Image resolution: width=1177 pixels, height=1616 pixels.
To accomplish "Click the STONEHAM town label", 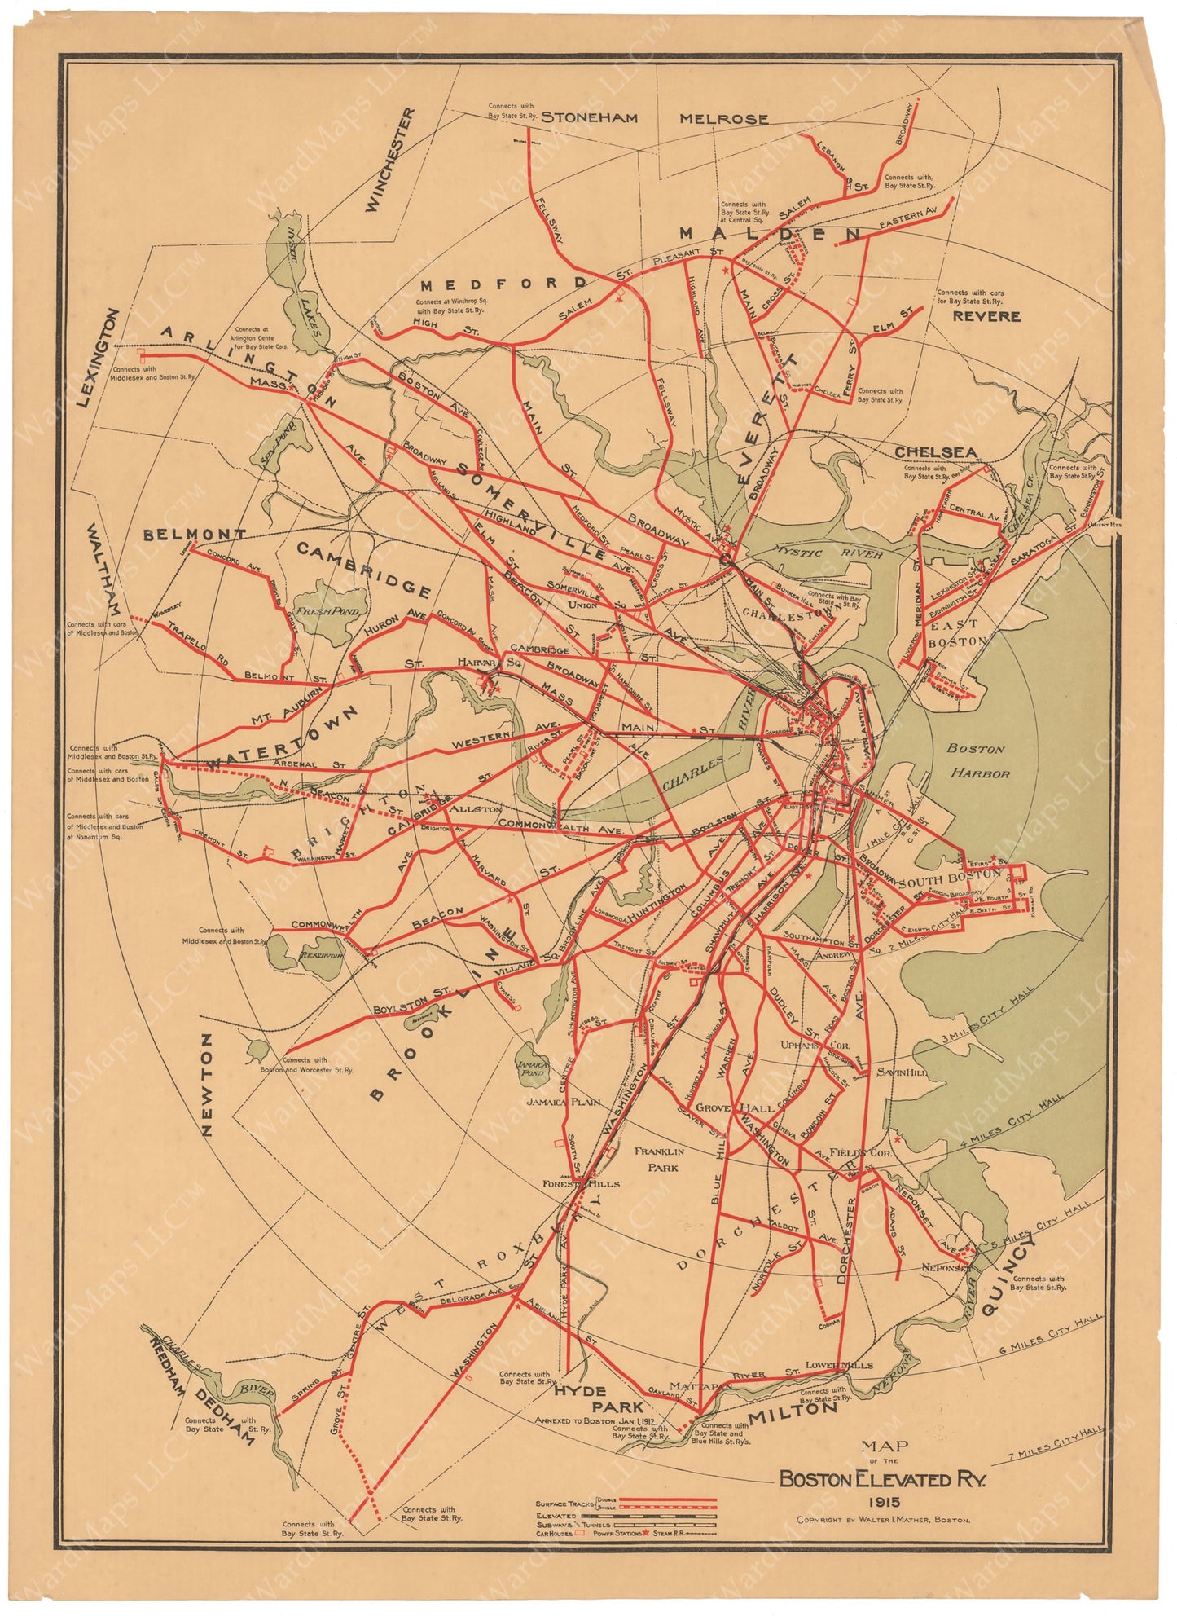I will coord(589,117).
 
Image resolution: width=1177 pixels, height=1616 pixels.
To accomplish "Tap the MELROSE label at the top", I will coord(723,119).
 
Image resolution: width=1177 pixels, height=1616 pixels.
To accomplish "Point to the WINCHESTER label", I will coord(391,161).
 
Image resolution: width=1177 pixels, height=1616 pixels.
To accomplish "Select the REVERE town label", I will coord(986,316).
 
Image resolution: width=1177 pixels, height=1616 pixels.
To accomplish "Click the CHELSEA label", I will coord(936,452).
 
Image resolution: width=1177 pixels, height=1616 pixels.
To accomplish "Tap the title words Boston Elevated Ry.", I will coord(882,1479).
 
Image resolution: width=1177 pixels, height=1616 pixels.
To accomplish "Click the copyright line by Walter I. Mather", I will coord(884,1521).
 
